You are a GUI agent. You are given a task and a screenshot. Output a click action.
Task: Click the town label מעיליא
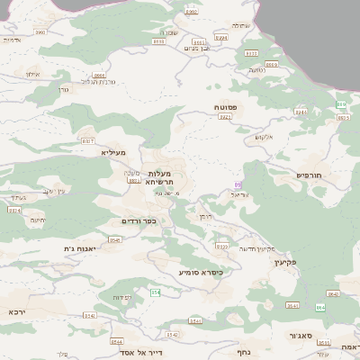coord(114,153)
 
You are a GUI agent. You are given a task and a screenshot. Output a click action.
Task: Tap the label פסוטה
coord(226,107)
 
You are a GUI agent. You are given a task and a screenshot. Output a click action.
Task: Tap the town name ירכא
coord(16,311)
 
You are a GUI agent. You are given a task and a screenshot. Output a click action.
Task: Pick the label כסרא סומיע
coord(201,271)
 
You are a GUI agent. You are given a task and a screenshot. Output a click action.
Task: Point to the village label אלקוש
coord(264,137)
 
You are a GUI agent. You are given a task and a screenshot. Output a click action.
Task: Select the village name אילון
coord(33,74)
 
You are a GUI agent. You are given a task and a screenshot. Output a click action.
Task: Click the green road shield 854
coord(156,292)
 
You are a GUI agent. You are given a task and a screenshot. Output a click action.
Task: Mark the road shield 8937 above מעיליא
coord(87,141)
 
